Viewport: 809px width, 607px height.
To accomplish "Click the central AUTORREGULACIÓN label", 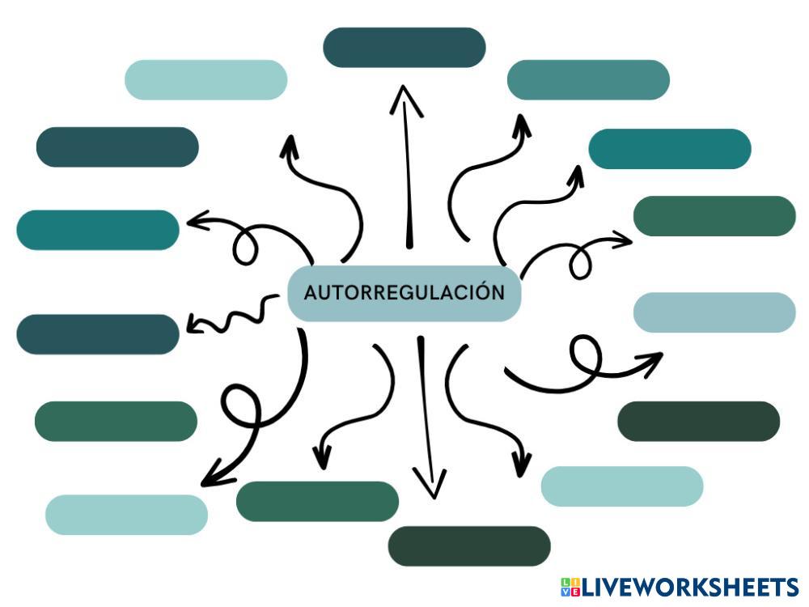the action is [x=404, y=292].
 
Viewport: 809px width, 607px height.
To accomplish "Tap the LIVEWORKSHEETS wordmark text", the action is [x=690, y=588].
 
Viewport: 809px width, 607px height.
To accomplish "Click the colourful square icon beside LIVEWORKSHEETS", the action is [x=570, y=588].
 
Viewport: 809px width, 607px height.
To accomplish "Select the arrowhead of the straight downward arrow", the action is [x=430, y=486].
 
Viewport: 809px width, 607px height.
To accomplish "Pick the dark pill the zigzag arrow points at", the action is [x=97, y=334].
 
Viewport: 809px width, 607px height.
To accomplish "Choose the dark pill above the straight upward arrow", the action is [x=404, y=47].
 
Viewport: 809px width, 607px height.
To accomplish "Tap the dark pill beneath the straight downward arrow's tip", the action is [x=469, y=546].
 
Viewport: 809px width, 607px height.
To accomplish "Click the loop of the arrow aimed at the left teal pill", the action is [x=245, y=246].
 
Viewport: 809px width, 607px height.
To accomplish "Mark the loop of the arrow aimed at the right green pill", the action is [x=581, y=261].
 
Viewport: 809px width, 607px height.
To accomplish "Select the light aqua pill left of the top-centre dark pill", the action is [x=206, y=79].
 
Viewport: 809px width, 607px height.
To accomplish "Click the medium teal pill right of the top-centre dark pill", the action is [x=588, y=79].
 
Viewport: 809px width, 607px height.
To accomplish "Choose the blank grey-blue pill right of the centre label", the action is [x=714, y=312].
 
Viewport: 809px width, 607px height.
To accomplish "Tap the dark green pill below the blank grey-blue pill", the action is [x=698, y=421].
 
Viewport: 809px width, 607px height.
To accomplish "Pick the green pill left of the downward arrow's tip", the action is [x=317, y=501].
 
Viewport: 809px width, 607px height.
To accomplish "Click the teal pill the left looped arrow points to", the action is [x=97, y=230].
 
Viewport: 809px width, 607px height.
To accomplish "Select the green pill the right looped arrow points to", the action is [x=714, y=216].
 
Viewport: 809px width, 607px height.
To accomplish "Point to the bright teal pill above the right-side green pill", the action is [x=670, y=149].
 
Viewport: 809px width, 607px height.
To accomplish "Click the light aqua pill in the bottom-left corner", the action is [x=126, y=515].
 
